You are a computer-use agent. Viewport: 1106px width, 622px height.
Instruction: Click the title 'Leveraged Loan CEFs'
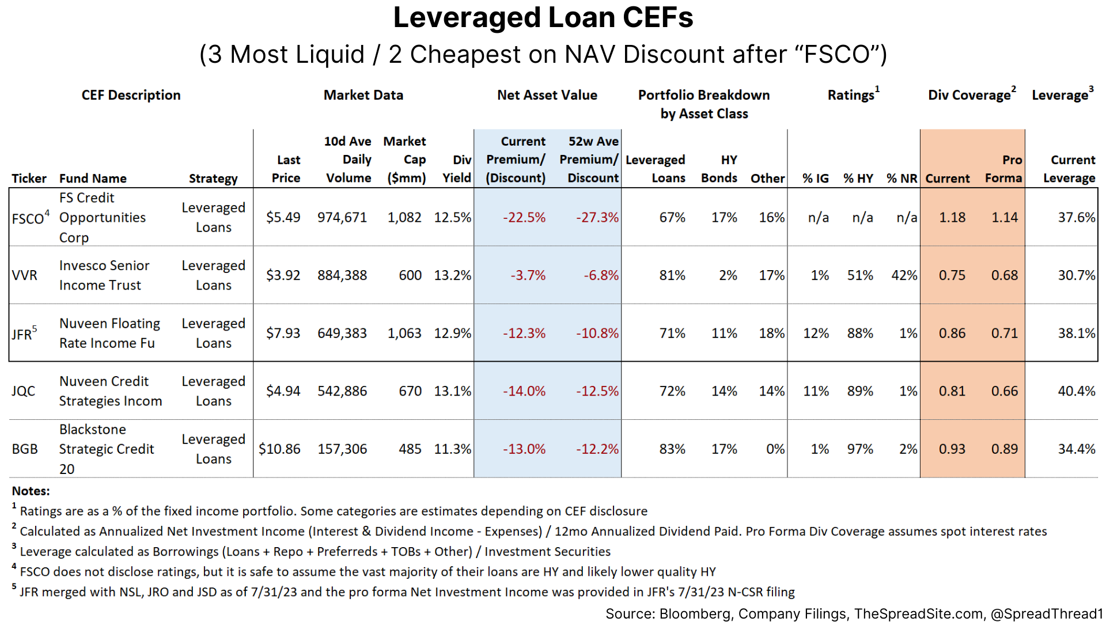(x=543, y=18)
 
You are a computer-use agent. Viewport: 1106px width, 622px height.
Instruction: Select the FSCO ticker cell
(x=28, y=218)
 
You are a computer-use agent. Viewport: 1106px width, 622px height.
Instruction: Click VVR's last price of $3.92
(x=283, y=275)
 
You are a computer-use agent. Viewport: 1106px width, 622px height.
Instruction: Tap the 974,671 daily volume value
(x=342, y=218)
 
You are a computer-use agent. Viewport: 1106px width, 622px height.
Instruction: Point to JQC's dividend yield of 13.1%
(x=452, y=391)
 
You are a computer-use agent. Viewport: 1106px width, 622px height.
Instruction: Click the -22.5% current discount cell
(x=524, y=218)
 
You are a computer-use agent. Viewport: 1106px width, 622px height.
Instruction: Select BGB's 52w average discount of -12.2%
(x=597, y=449)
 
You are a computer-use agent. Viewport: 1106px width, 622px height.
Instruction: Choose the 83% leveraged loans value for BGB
(x=672, y=449)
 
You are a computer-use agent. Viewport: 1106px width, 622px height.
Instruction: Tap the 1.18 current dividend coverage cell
(x=952, y=218)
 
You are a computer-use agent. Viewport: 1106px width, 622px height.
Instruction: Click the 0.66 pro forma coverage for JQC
(x=1004, y=391)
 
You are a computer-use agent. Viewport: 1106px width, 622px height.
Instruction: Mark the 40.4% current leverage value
(x=1076, y=391)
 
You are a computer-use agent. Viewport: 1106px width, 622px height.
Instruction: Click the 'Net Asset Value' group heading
(x=547, y=95)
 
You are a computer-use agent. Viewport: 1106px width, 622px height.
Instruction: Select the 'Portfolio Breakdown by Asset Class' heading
(x=703, y=104)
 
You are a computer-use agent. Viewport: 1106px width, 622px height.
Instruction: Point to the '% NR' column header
(x=902, y=179)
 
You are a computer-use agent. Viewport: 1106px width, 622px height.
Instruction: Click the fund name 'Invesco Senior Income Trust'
(x=104, y=275)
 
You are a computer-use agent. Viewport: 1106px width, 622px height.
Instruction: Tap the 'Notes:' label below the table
(x=31, y=491)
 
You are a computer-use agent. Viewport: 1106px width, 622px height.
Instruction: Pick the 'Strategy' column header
(x=213, y=179)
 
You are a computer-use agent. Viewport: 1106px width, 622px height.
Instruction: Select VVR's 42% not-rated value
(x=904, y=275)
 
